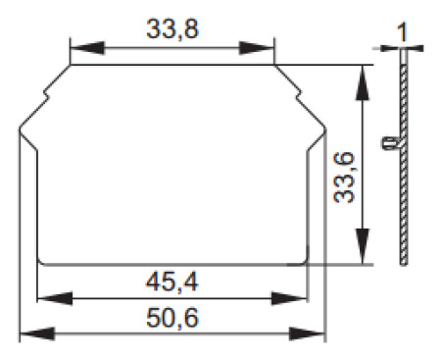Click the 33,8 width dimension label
[172, 29]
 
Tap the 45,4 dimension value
[171, 283]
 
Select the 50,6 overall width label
[172, 318]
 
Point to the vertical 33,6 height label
[344, 178]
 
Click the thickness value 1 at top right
[403, 32]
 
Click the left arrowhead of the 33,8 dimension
[87, 48]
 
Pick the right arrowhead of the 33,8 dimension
[257, 48]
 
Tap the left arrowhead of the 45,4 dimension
[55, 298]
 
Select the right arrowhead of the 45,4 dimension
[289, 298]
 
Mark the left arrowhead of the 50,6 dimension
[37, 334]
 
